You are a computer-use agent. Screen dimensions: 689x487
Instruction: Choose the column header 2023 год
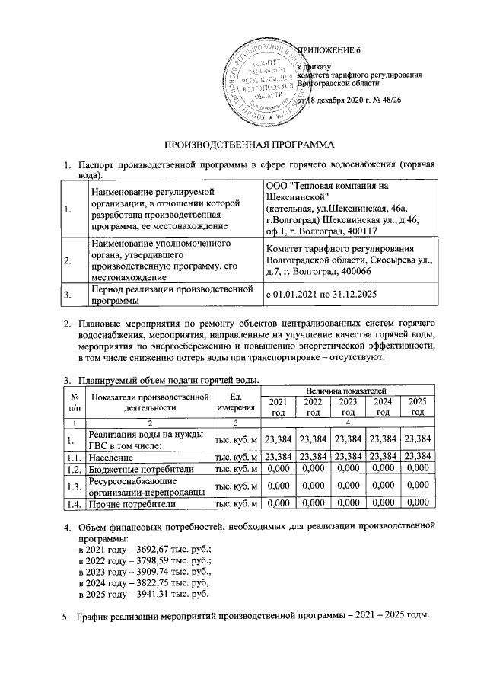click(x=349, y=407)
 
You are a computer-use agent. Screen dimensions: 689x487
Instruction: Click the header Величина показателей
click(x=348, y=390)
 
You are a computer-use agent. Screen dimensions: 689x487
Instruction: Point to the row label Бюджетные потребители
click(x=138, y=470)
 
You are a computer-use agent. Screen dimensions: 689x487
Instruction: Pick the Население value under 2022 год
click(x=314, y=458)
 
